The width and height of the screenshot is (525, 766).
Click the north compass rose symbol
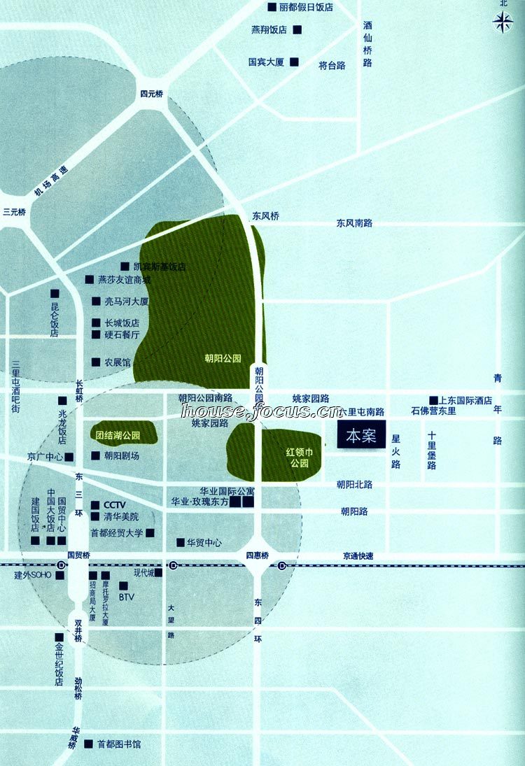[503, 23]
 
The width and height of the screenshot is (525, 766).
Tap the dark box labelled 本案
[361, 435]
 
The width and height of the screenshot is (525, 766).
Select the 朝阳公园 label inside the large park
[223, 358]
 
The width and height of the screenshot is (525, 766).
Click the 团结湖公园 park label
[118, 435]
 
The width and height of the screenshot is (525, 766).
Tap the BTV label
[126, 597]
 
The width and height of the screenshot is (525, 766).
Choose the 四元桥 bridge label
[151, 94]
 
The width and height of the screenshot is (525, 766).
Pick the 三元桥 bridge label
[14, 212]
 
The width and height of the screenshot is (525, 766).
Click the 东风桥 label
[265, 216]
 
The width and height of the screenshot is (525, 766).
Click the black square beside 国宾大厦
[294, 62]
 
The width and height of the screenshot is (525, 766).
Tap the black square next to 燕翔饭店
[297, 29]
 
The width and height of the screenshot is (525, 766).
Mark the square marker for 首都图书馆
[88, 744]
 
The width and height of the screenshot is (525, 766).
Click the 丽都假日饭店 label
[305, 7]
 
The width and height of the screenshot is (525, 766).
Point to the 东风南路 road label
[354, 223]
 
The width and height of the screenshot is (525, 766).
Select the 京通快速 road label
[358, 556]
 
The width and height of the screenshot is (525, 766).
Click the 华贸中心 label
[204, 542]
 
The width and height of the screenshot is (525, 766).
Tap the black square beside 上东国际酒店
[433, 400]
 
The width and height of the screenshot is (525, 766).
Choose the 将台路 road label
[332, 66]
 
